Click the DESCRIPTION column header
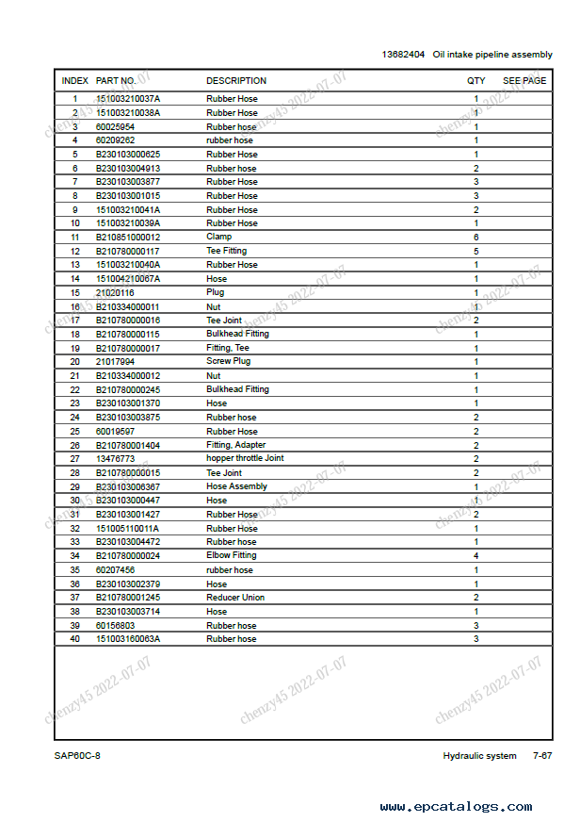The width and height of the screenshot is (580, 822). (236, 81)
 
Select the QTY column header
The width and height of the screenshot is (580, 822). (476, 81)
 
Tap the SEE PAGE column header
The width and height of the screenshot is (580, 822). (524, 81)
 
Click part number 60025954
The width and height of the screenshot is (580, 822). (115, 126)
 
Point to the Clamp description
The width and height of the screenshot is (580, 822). (218, 238)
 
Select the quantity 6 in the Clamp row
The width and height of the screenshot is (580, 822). (476, 238)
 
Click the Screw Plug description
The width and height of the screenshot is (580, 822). (229, 362)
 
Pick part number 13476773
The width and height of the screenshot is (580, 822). (115, 458)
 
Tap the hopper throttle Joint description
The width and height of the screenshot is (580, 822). (245, 458)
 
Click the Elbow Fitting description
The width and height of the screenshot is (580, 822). (232, 556)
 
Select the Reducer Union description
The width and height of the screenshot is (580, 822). (235, 598)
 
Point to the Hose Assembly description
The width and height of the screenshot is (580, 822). (236, 486)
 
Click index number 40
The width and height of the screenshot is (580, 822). (75, 639)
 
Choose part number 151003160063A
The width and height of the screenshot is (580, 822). (128, 639)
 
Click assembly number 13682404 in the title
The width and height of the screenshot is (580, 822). (403, 55)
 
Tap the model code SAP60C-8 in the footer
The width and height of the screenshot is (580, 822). (77, 756)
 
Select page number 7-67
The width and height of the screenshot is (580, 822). (542, 756)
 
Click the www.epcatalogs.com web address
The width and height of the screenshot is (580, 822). (456, 807)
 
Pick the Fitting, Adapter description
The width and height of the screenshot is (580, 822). (235, 445)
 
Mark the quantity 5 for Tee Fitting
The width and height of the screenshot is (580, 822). (476, 252)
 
